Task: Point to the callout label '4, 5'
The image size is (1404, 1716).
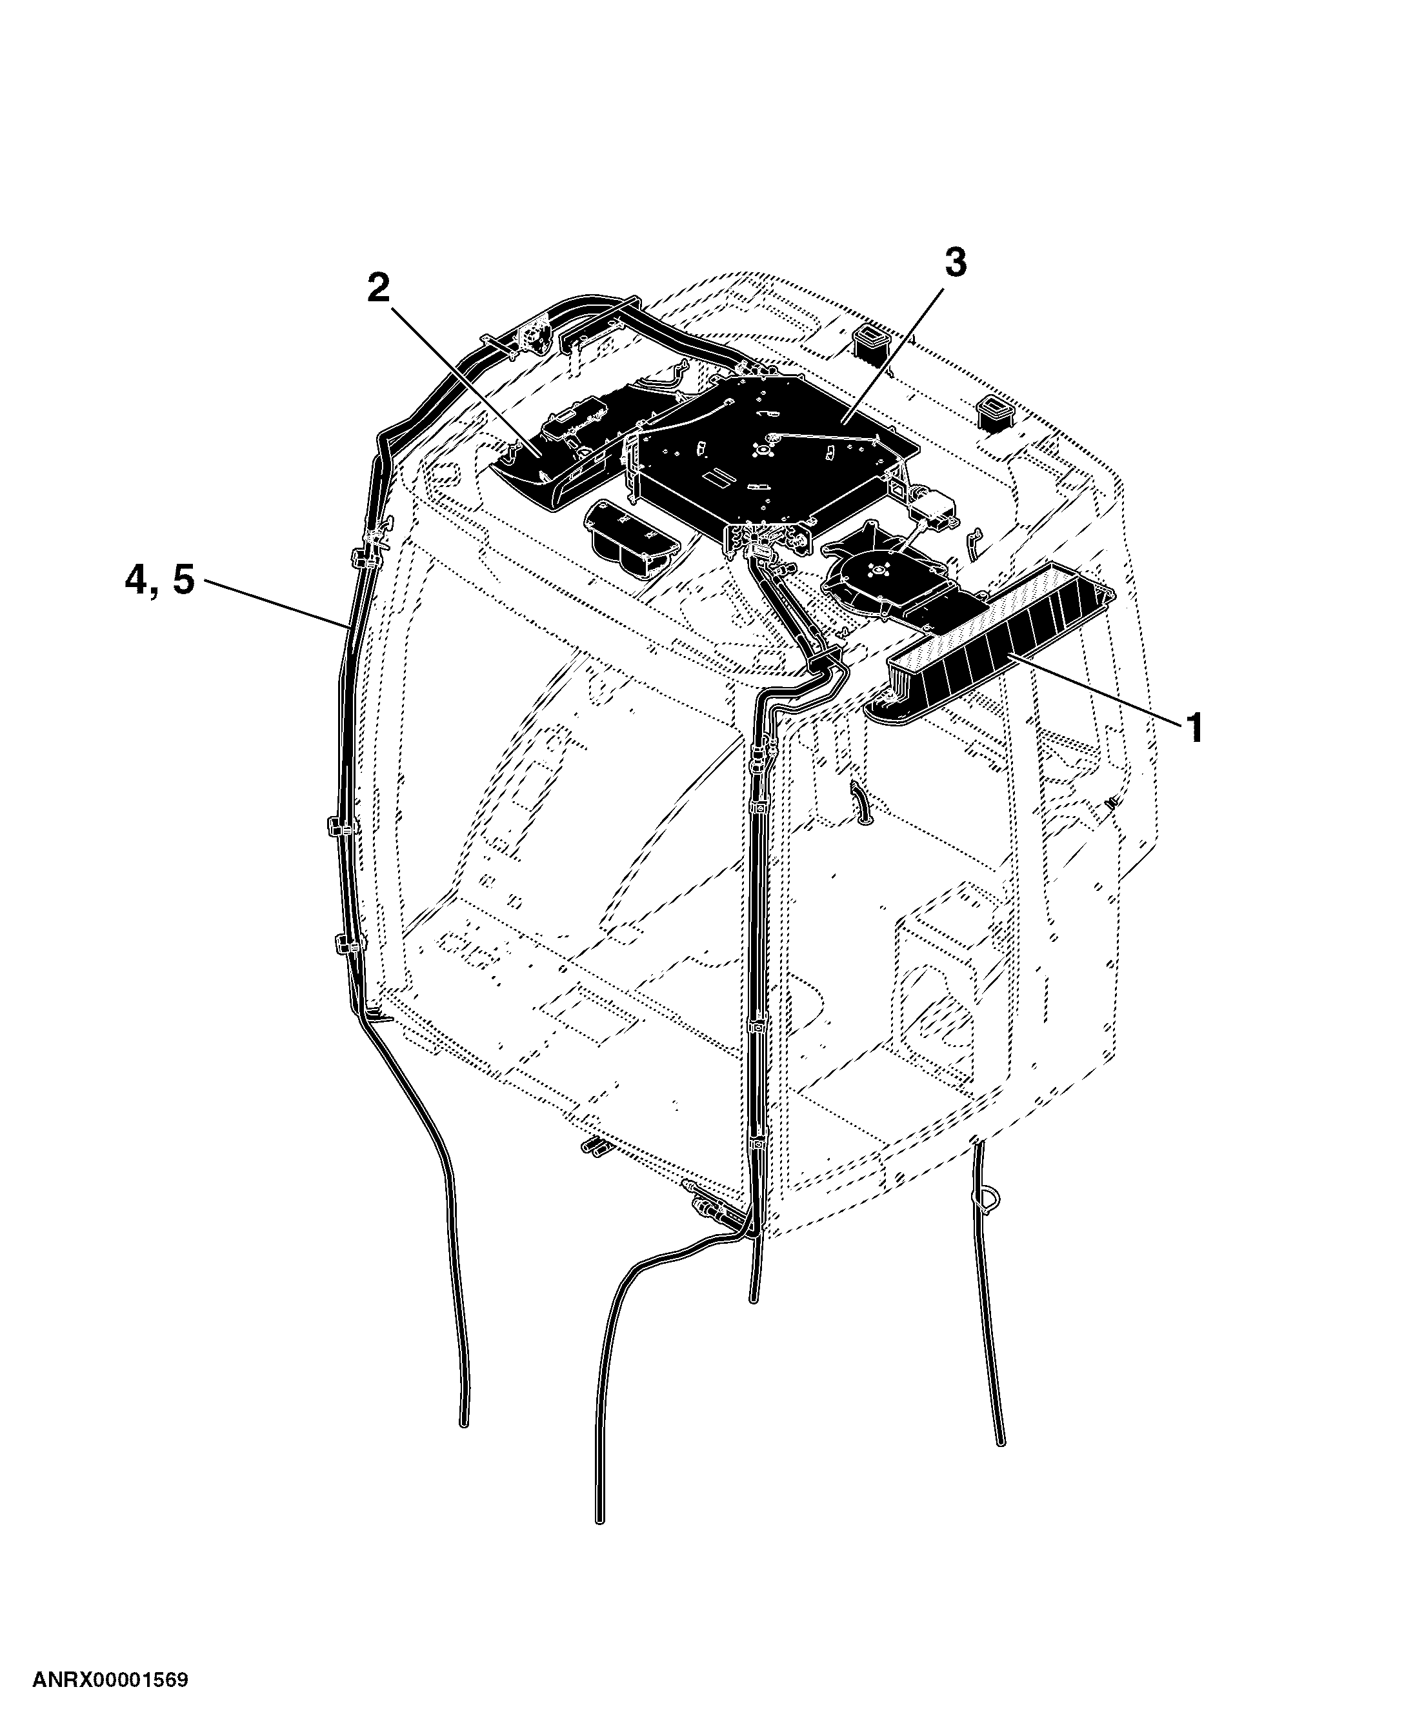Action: point(160,579)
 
